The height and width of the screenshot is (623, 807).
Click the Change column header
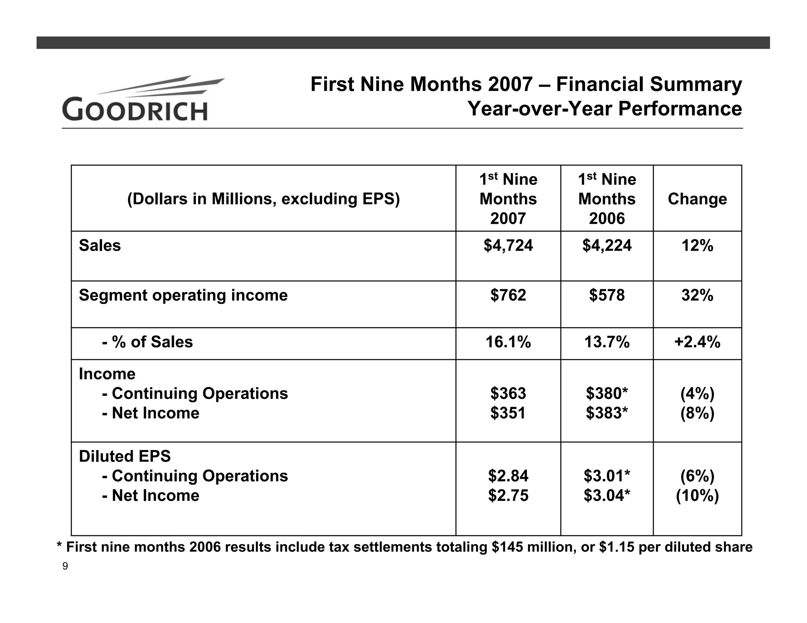697,199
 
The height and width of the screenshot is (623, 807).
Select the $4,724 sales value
508,246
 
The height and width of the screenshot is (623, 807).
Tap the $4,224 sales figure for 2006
607,246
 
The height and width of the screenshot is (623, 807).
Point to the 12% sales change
697,246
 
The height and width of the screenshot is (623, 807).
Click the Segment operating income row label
183,295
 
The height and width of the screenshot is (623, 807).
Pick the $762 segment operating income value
508,295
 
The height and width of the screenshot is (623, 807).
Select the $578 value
607,295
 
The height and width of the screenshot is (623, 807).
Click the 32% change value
697,295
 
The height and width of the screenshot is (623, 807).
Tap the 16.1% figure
508,342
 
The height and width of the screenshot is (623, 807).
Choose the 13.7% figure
607,342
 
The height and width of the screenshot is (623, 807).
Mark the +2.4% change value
697,342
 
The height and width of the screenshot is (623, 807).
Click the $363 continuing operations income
508,393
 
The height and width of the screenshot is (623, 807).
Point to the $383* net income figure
607,413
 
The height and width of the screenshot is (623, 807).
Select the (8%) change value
697,413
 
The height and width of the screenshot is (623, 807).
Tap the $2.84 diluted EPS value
508,476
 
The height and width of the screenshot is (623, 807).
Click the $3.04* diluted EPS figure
607,495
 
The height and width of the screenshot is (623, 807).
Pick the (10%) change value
697,495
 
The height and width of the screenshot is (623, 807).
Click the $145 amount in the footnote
507,547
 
